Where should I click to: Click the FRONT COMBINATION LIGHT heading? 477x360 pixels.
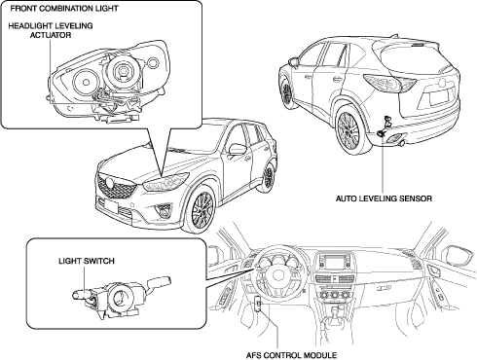coord(64,9)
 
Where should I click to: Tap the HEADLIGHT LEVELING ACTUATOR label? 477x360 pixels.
coord(51,30)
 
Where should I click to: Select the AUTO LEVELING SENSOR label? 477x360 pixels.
coord(384,198)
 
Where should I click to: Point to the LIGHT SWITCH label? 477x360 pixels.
coord(87,261)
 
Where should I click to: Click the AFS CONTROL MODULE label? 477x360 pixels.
coord(291,355)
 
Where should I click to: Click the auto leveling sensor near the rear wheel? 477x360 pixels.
coord(385,126)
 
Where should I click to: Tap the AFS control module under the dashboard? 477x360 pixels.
coord(258,304)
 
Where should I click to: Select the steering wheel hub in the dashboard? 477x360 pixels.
coord(278,275)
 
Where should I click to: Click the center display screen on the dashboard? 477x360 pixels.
coord(334,262)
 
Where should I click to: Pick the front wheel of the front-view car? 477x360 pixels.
coord(202,209)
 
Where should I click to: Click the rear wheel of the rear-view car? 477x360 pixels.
coord(349,130)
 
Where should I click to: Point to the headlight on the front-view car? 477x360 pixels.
coord(165,182)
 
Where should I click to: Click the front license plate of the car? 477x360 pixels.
coord(111,205)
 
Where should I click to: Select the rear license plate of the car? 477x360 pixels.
coord(438,97)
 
